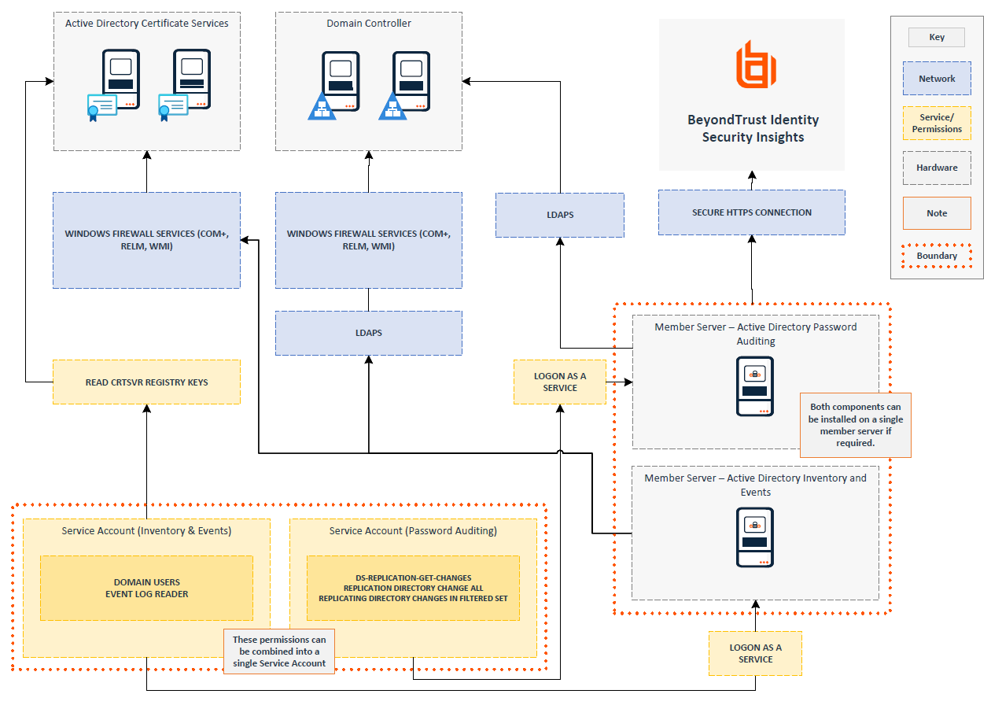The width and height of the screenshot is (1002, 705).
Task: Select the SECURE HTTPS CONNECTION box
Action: (x=751, y=212)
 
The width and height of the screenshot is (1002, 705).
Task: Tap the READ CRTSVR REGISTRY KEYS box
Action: (x=146, y=382)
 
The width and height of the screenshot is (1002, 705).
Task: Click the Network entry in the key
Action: (x=937, y=79)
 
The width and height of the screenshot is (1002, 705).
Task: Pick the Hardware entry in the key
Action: (x=937, y=168)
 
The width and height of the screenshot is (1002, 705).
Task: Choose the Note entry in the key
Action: (x=937, y=213)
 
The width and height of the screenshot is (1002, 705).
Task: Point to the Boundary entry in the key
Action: (x=937, y=256)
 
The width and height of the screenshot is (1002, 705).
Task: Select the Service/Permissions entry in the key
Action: (x=937, y=124)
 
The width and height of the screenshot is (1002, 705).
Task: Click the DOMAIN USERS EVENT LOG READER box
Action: (x=146, y=588)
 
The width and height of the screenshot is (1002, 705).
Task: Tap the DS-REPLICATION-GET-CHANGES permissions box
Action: (x=413, y=588)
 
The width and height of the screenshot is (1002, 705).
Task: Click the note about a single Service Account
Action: (x=279, y=651)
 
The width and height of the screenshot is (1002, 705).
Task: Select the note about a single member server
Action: (x=856, y=425)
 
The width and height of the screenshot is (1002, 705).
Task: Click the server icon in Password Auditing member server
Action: (x=755, y=386)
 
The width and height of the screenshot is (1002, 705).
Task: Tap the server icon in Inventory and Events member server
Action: (x=755, y=537)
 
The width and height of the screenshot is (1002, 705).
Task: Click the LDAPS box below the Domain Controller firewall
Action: (x=368, y=333)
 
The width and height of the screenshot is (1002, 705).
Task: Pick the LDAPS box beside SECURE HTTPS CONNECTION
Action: (x=559, y=215)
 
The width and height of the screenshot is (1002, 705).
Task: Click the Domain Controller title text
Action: (x=369, y=24)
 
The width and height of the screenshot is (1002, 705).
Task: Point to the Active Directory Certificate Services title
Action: (x=147, y=24)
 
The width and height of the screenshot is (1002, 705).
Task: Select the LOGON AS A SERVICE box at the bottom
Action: (x=755, y=653)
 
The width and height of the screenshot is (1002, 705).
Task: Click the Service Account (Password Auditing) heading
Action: (x=413, y=531)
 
